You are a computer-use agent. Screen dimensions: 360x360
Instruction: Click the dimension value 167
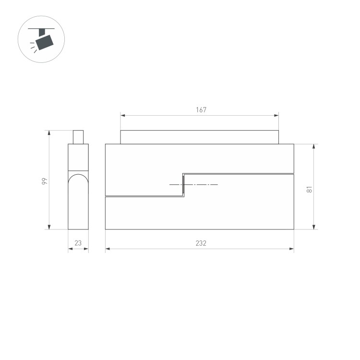point(201,110)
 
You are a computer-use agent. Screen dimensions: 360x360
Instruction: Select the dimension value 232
point(201,243)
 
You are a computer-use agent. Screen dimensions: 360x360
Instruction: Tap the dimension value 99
point(45,181)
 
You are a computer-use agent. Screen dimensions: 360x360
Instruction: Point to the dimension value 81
point(309,190)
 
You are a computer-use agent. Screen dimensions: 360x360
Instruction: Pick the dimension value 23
point(78,243)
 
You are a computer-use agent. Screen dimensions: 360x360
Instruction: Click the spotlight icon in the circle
point(41,39)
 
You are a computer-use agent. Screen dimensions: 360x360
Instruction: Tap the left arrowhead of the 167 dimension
point(122,115)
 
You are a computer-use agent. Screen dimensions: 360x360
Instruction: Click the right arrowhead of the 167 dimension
point(276,115)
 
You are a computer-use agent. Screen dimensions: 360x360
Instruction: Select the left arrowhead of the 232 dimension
point(108,249)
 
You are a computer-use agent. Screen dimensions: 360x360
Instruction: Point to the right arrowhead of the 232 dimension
point(291,249)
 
